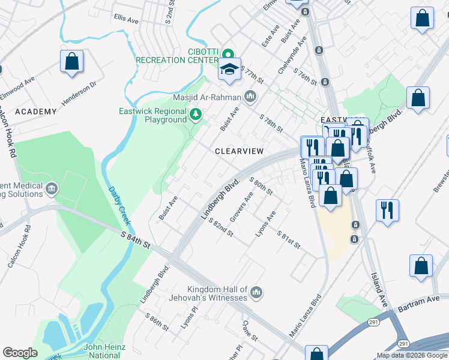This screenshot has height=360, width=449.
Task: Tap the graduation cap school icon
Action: click(229, 70)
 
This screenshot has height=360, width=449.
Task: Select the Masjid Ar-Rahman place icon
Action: click(250, 97)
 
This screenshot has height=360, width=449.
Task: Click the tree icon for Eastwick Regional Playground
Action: click(195, 114)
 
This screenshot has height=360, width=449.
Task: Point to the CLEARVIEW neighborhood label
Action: click(239, 152)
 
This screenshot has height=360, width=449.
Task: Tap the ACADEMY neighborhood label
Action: click(35, 112)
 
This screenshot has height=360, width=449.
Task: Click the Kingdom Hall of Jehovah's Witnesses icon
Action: click(256, 292)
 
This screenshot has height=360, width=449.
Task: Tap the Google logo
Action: click(20, 352)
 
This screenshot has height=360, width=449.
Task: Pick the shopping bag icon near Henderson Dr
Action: click(71, 62)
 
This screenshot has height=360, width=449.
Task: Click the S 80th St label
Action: click(261, 187)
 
